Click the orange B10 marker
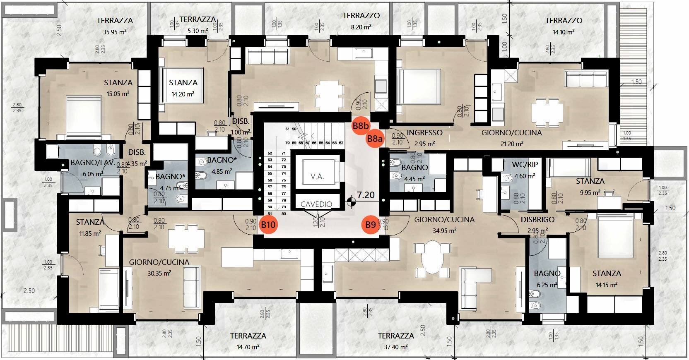(x=268, y=225)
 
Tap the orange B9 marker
(x=371, y=225)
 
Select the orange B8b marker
(x=361, y=125)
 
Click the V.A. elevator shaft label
(x=317, y=176)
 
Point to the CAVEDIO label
(x=316, y=204)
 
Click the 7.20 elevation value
(x=366, y=195)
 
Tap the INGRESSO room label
(x=424, y=133)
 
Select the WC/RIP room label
(x=525, y=164)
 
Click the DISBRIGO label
(x=537, y=220)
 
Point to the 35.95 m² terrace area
(x=115, y=31)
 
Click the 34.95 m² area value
(x=444, y=230)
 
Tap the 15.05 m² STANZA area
(x=118, y=94)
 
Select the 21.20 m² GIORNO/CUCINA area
(x=511, y=144)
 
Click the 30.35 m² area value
(x=159, y=273)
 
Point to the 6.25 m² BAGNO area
(x=547, y=285)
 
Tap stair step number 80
(x=284, y=214)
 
